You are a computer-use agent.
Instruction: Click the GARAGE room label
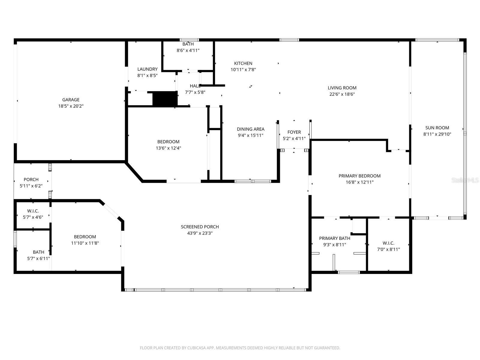71,100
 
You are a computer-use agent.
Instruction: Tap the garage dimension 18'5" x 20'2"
71,106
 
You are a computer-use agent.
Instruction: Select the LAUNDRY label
147,69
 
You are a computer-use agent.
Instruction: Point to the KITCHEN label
243,63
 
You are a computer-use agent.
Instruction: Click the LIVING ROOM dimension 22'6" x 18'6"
342,94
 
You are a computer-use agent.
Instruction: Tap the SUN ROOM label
437,128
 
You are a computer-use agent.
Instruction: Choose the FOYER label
294,132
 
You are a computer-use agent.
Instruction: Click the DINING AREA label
250,129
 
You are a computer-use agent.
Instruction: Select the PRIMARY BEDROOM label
359,176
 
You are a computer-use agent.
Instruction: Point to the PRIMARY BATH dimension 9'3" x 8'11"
334,244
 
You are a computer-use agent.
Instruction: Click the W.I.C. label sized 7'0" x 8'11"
388,243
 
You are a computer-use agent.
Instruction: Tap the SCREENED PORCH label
200,227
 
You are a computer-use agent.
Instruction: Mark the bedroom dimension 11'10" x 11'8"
85,243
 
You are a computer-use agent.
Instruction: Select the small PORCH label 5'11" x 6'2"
31,179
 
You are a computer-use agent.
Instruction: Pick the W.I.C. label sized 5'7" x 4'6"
33,211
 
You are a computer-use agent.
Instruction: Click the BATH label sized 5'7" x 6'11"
38,252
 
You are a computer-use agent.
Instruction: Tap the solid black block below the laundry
165,99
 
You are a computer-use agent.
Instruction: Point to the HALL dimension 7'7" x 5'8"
195,92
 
